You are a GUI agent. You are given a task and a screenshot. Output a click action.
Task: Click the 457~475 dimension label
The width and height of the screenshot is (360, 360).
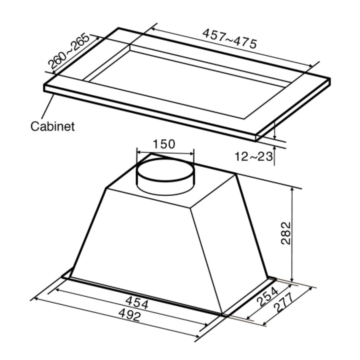coord(230,39)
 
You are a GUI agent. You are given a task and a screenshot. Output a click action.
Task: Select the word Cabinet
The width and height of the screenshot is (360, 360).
coord(52,126)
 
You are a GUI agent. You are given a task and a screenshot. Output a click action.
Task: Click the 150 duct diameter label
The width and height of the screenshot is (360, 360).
coord(164,144)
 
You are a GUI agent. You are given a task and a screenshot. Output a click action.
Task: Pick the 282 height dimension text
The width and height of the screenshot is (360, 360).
coord(286,233)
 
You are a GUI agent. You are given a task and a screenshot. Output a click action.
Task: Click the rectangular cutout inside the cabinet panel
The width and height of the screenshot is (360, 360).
coord(187,87)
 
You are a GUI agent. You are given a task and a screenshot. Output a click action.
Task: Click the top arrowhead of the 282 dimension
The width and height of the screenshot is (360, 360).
coord(292,189)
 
